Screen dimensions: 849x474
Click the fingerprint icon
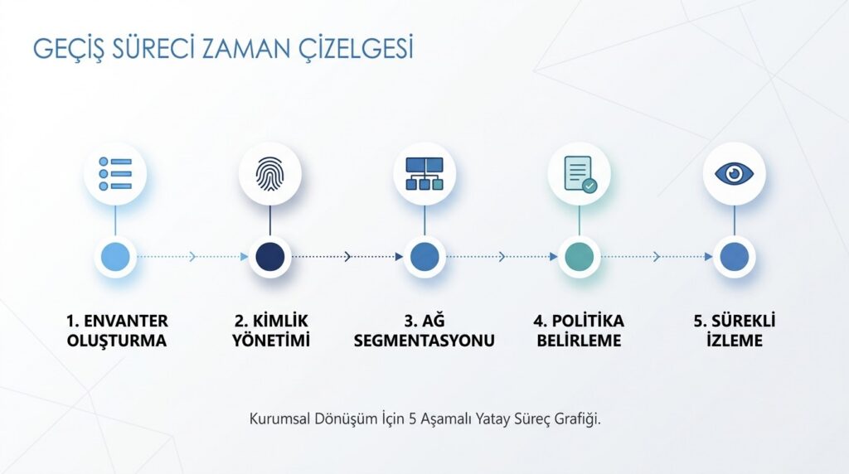pyautogui.click(x=269, y=174)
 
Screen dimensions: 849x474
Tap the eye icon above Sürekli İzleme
pyautogui.click(x=735, y=174)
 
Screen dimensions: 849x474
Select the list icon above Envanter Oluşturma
pyautogui.click(x=115, y=174)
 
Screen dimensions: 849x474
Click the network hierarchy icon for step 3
pyautogui.click(x=424, y=174)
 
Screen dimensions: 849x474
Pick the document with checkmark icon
pyautogui.click(x=580, y=174)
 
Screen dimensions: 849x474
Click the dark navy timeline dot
pyautogui.click(x=269, y=257)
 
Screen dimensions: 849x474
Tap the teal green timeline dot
pyautogui.click(x=580, y=257)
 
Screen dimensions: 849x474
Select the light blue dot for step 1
pyautogui.click(x=115, y=257)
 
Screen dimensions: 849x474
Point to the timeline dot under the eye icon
pyautogui.click(x=735, y=257)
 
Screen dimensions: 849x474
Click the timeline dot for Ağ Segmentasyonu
pyautogui.click(x=424, y=257)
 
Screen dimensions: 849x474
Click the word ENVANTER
pyautogui.click(x=126, y=321)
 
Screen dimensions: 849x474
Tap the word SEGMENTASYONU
pyautogui.click(x=424, y=341)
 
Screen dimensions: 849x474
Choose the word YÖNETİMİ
pyautogui.click(x=271, y=341)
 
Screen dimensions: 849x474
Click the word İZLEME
pyautogui.click(x=735, y=341)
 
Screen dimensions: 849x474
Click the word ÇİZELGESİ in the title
pyautogui.click(x=356, y=49)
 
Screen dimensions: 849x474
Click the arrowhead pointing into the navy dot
pyautogui.click(x=245, y=257)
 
